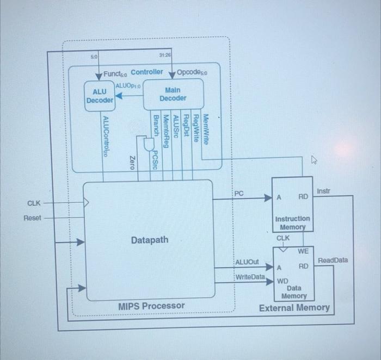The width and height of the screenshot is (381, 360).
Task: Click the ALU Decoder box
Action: coord(100,96)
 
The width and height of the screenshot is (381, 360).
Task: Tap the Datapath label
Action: coord(150,240)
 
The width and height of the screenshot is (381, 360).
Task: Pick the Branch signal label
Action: coord(156,126)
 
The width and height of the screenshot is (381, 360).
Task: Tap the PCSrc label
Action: coord(155,160)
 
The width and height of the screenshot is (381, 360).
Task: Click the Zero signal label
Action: coord(131,162)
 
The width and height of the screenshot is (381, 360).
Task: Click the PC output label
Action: coord(239,194)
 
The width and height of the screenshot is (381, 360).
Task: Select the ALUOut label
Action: coord(247,262)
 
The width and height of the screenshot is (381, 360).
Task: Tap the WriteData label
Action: coord(250,277)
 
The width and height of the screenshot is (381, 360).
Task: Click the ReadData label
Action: coord(333,260)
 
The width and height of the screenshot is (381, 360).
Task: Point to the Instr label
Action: coord(323,191)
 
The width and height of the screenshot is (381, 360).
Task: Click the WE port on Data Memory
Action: coord(303,251)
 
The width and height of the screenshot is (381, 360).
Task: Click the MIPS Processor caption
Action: coord(151,306)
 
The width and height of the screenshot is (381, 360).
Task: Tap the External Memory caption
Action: coord(294,308)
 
